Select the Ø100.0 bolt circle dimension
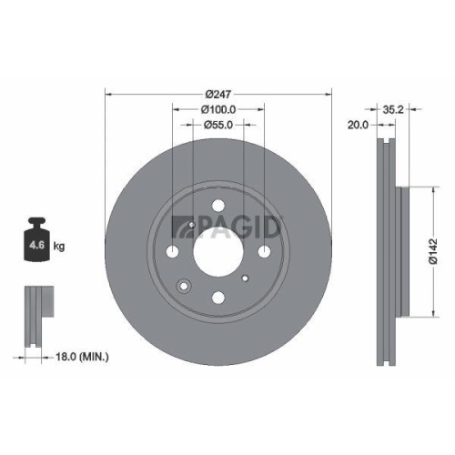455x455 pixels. (218, 109)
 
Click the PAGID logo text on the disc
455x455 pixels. (238, 223)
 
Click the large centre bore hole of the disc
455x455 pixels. (218, 252)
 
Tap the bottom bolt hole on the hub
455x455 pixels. (218, 297)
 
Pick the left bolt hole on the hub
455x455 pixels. (174, 252)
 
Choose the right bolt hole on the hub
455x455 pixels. (264, 252)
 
